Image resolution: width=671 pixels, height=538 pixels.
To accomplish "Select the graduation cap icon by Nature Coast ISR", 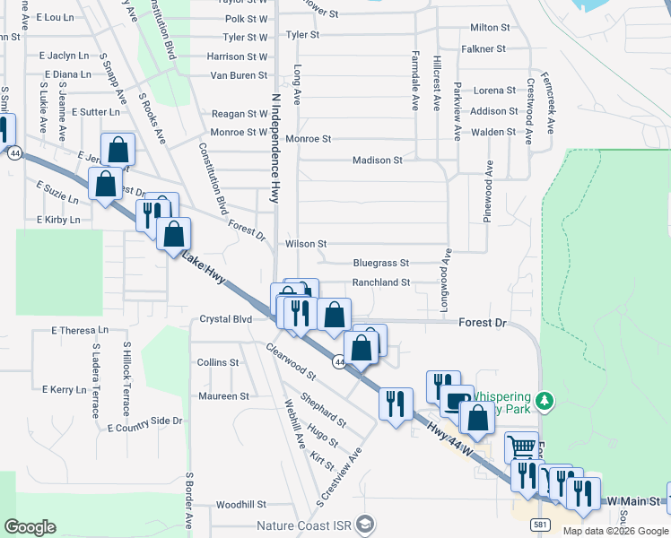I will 364,524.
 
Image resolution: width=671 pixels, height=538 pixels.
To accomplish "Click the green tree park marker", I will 543,398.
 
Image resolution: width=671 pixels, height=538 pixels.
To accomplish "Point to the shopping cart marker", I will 522,445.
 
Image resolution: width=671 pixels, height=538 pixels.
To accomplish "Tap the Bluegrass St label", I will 380,264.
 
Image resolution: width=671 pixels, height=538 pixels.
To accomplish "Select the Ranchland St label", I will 380,282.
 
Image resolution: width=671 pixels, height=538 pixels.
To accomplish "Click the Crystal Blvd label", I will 225,319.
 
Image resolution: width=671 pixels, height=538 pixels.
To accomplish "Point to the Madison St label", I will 377,161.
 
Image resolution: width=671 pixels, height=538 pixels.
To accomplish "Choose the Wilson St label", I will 306,244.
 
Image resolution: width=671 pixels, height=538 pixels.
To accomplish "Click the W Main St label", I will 633,500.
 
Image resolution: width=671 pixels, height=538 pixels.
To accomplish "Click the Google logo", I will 30,527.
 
